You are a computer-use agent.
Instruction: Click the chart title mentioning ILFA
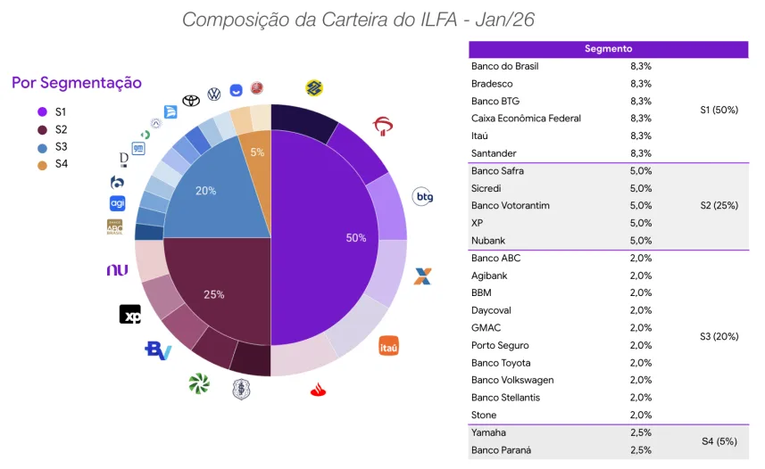coord(358,19)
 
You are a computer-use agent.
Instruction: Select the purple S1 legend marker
coord(42,112)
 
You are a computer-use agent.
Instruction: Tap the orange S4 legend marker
coord(42,164)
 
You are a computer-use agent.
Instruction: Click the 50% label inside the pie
coord(356,238)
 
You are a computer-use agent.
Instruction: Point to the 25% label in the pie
coord(214,293)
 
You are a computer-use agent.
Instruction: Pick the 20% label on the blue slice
coord(205,191)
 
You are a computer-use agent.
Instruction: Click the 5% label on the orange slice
coord(257,152)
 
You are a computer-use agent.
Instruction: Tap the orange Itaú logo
coord(388,345)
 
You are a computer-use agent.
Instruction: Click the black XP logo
coord(130,315)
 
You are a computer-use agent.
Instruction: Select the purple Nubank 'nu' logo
coord(117,270)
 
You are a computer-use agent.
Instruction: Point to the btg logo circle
coord(423,196)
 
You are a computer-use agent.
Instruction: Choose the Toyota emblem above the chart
coord(191,101)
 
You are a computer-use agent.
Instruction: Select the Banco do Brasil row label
coord(505,66)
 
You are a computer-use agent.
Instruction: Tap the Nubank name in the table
coord(489,241)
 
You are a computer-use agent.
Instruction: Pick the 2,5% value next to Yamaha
coord(640,432)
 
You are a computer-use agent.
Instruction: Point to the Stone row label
coord(484,416)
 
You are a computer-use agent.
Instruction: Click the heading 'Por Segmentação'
coord(77,83)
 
